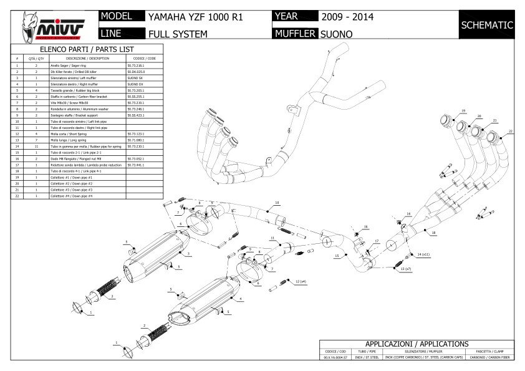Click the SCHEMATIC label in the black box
click(486, 26)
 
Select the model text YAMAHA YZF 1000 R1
click(195, 17)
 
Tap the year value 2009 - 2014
click(348, 17)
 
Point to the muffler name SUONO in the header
click(336, 34)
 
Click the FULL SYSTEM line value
click(178, 34)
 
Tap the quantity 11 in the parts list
click(36, 146)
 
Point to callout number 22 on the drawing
click(510, 132)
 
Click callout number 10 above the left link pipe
click(277, 203)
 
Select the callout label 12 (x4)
click(301, 282)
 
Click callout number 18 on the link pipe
click(433, 233)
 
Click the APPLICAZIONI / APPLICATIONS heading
click(417, 344)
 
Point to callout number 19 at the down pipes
click(464, 110)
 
